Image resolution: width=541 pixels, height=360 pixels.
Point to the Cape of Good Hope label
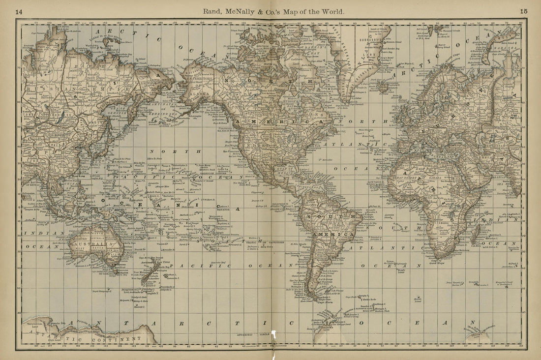click(437, 262)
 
